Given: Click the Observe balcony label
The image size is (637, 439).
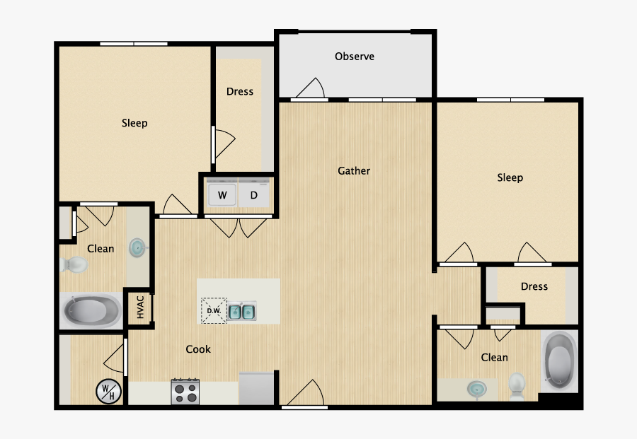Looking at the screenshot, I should (355, 57).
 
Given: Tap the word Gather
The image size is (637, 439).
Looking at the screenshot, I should (354, 170).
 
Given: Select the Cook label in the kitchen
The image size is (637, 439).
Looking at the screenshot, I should (198, 349).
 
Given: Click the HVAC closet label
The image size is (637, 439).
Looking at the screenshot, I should (140, 308).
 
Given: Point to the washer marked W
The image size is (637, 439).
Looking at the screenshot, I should (222, 195).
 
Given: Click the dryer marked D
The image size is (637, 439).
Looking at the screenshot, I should (254, 195).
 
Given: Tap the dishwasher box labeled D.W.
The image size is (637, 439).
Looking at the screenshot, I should (214, 310).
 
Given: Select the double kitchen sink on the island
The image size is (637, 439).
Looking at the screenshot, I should (242, 311).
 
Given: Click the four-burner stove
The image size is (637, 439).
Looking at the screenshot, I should (185, 392).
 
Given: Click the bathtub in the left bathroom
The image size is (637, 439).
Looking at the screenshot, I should (92, 310).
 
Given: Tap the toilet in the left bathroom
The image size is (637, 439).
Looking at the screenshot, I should (74, 265).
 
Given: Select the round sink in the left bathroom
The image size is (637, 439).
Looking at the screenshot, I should (137, 247).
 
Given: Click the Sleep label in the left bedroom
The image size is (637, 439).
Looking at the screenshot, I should (134, 123).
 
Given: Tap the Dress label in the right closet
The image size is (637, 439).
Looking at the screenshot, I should (534, 286).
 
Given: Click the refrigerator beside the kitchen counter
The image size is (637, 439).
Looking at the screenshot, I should (257, 388).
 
